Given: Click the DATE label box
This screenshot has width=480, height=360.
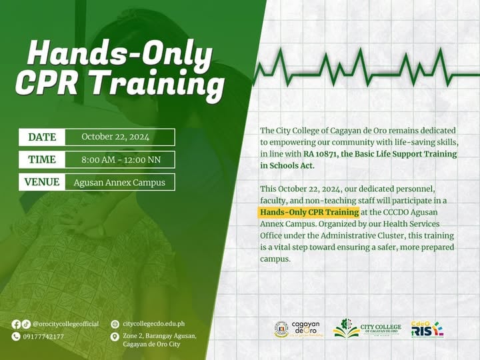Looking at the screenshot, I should (42, 137).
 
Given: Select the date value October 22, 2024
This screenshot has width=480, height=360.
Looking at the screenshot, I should (115, 137).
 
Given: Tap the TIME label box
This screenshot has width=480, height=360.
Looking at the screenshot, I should (42, 159).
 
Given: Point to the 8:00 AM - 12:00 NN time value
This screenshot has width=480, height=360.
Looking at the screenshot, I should (115, 159).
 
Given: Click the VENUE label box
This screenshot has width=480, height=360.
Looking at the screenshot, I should (42, 182).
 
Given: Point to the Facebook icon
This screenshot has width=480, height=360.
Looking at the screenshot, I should (16, 324).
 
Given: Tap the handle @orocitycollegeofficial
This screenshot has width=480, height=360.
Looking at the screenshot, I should (65, 324).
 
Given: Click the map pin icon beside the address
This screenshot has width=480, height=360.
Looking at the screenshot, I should (115, 337).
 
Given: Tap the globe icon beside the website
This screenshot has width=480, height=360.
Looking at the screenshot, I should (115, 324).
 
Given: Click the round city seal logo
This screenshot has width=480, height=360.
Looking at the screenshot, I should (281, 329).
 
